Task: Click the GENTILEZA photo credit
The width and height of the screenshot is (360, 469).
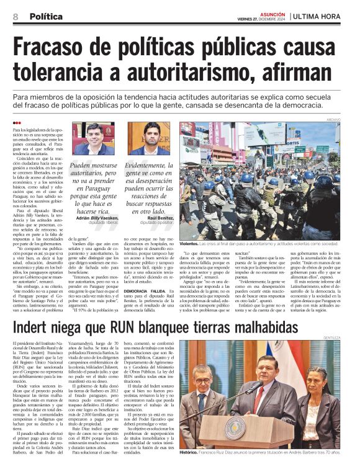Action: [330, 337]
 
